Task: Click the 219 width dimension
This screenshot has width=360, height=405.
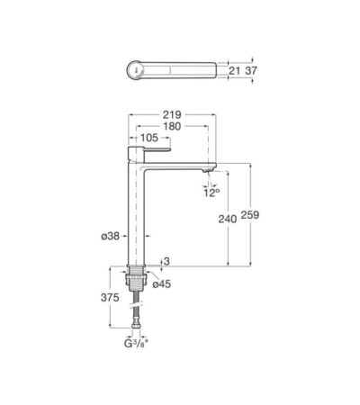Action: click(x=172, y=114)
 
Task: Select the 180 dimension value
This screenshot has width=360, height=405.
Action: click(x=172, y=126)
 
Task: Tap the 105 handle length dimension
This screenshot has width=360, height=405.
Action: click(x=149, y=138)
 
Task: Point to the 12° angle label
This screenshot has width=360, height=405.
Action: click(x=211, y=193)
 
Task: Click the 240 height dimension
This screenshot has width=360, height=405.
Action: click(x=227, y=219)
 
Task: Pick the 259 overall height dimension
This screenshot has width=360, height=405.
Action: click(x=250, y=215)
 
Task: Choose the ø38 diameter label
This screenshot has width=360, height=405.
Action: click(x=111, y=236)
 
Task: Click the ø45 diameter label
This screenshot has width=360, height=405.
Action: click(x=162, y=283)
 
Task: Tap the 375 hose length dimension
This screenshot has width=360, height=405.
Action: click(x=110, y=298)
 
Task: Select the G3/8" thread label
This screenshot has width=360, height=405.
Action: click(x=136, y=344)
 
